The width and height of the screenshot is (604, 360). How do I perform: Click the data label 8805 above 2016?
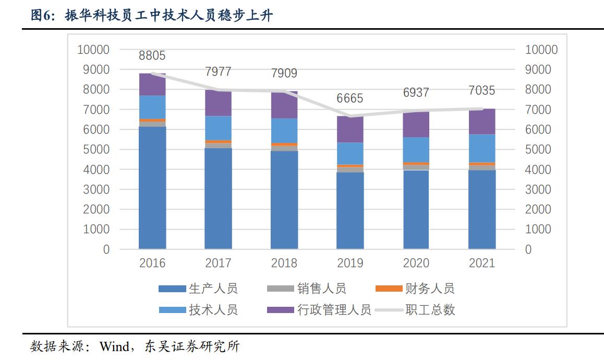pyautogui.click(x=152, y=55)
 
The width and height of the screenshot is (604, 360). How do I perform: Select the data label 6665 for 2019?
pyautogui.click(x=349, y=99)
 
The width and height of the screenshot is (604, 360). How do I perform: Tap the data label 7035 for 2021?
pyautogui.click(x=481, y=91)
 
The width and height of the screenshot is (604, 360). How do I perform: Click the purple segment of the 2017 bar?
pyautogui.click(x=218, y=103)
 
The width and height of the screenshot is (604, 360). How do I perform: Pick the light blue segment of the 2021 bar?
pyautogui.click(x=481, y=148)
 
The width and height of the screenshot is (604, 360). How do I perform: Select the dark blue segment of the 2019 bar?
pyautogui.click(x=349, y=210)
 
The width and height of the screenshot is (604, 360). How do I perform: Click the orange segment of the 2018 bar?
pyautogui.click(x=284, y=145)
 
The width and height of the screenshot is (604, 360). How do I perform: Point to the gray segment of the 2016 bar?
pyautogui.click(x=152, y=124)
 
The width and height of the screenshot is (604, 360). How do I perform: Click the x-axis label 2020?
pyautogui.click(x=416, y=262)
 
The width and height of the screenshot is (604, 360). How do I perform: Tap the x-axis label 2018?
pyautogui.click(x=284, y=262)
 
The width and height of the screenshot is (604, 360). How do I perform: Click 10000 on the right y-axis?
pyautogui.click(x=541, y=50)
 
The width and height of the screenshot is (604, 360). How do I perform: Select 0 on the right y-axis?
pyautogui.click(x=528, y=249)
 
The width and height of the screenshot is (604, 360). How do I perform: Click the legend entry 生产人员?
pyautogui.click(x=213, y=288)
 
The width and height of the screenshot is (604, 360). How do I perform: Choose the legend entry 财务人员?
pyautogui.click(x=429, y=288)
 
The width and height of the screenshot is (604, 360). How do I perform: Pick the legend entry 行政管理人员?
pyautogui.click(x=334, y=310)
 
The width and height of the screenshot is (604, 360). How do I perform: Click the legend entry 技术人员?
pyautogui.click(x=213, y=310)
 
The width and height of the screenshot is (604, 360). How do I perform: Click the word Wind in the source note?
pyautogui.click(x=114, y=346)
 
